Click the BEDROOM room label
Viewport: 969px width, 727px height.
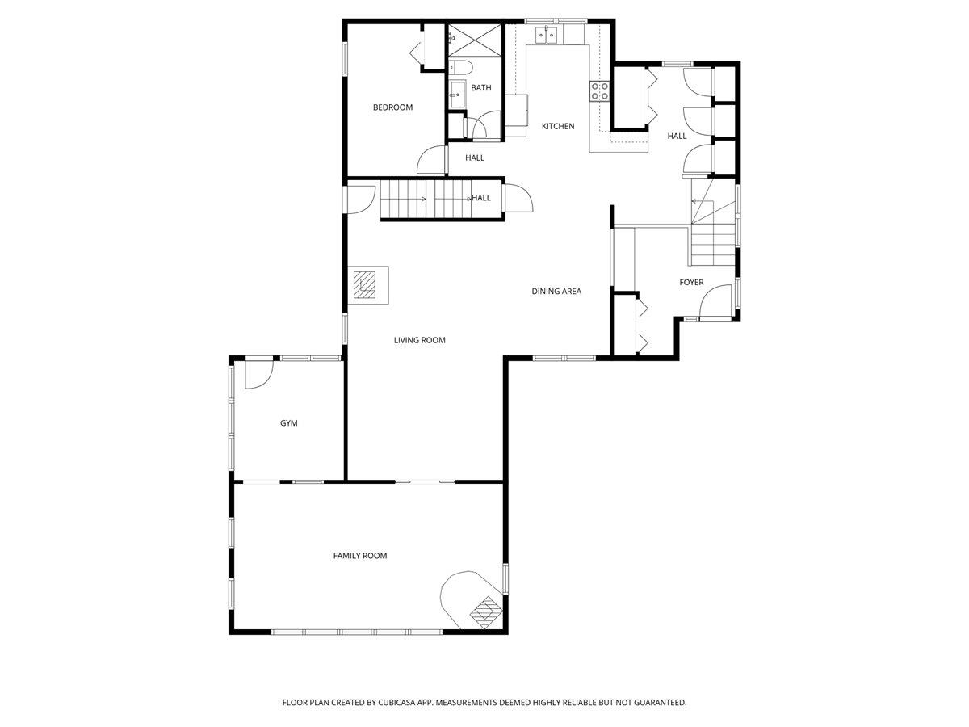[392, 107]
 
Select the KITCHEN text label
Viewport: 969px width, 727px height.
[558, 126]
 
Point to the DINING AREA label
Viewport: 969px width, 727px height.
[556, 292]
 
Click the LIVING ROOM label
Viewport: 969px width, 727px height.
[420, 341]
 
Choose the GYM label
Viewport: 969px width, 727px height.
[288, 423]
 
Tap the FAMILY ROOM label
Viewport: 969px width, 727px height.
[360, 556]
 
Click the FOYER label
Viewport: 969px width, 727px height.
[691, 283]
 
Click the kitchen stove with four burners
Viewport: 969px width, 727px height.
[599, 91]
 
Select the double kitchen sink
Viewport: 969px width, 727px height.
[547, 35]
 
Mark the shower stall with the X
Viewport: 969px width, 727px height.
[464, 40]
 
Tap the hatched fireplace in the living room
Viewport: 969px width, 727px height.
[365, 284]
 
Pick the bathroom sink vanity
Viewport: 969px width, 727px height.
[456, 93]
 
